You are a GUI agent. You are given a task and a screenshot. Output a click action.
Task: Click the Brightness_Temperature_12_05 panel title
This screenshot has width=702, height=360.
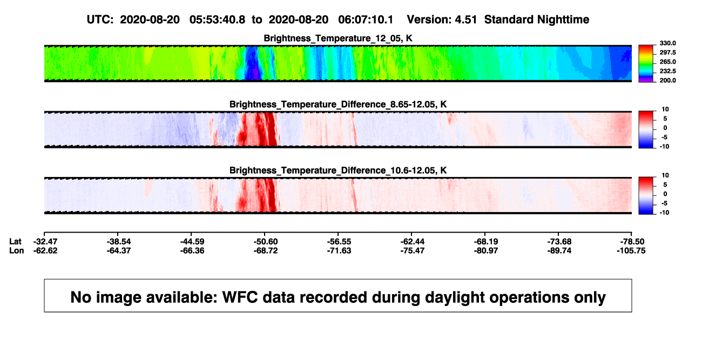(x=338, y=38)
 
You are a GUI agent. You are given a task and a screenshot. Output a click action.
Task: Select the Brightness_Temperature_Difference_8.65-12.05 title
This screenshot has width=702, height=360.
(x=338, y=104)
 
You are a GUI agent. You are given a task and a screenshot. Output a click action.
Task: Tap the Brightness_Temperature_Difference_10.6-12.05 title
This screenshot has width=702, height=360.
(x=338, y=171)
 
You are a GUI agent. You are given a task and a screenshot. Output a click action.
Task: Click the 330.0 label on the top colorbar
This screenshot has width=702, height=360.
(x=667, y=43)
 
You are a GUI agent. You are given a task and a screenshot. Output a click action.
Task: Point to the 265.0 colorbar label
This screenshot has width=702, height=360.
(x=667, y=62)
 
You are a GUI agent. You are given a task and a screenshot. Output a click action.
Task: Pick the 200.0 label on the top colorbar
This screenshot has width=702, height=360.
(x=667, y=80)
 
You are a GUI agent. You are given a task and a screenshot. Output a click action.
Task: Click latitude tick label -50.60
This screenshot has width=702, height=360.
(x=266, y=242)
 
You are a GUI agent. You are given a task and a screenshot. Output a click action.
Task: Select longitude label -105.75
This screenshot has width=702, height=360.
(x=631, y=250)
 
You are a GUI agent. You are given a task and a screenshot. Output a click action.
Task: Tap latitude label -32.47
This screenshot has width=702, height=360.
(x=45, y=242)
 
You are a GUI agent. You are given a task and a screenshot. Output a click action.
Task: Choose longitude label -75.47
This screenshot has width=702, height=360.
(x=413, y=250)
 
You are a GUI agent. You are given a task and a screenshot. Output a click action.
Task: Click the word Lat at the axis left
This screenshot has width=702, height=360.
(x=15, y=242)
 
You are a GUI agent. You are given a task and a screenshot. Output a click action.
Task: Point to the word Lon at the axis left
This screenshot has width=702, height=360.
(x=17, y=250)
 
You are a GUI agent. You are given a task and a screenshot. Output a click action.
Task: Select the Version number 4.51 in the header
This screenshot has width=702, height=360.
(x=465, y=20)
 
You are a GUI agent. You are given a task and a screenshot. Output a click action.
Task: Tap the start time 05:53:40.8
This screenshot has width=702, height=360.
(x=217, y=20)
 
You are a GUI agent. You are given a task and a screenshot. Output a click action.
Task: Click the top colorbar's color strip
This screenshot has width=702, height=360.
(x=646, y=64)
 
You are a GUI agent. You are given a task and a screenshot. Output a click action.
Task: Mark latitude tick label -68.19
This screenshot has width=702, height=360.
(x=486, y=242)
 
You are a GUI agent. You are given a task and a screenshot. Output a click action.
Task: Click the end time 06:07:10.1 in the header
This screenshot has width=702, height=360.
(x=366, y=20)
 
